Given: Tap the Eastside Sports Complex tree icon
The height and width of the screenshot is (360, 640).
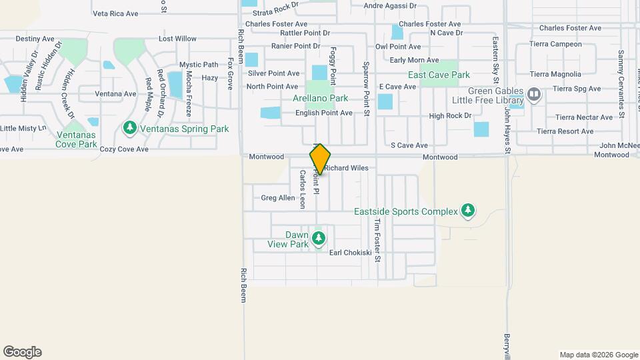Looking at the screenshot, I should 468,211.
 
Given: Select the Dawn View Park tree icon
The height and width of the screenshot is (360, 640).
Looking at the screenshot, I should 319,238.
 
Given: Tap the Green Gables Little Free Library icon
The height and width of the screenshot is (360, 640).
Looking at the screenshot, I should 533,93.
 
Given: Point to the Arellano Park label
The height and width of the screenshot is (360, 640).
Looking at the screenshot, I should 320,98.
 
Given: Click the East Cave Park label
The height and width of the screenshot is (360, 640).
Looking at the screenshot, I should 439,75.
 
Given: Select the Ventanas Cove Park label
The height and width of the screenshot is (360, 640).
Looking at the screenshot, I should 76,139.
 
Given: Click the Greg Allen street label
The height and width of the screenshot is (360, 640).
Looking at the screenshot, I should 278,198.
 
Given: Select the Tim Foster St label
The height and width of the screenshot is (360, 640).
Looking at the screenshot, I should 377,240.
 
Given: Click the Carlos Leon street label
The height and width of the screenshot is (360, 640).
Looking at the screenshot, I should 302,189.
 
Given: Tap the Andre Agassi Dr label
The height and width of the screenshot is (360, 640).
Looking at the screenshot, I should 389,6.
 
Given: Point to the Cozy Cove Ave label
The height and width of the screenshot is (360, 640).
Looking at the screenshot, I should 124,149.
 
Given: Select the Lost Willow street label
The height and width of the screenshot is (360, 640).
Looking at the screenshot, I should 177,39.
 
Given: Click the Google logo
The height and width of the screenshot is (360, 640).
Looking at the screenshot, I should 22,352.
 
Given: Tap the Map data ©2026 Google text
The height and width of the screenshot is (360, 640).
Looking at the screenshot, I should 598,355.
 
